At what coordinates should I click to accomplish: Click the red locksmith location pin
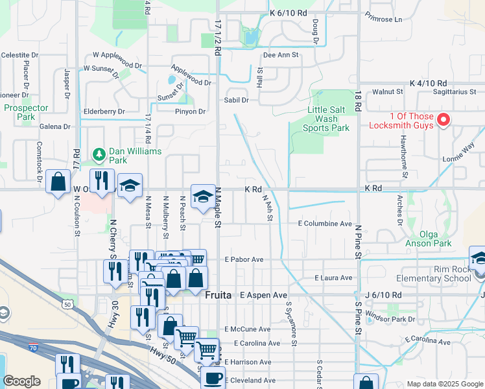click(x=444, y=119)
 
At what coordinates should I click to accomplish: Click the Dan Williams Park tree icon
click(x=99, y=154)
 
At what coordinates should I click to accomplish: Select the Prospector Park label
click(x=26, y=112)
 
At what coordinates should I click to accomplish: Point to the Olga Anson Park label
click(x=427, y=239)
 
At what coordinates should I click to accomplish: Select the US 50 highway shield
click(x=67, y=303)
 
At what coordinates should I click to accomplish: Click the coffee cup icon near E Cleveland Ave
click(x=212, y=378)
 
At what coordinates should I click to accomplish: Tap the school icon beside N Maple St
click(x=203, y=195)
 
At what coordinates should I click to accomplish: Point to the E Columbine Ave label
click(x=324, y=223)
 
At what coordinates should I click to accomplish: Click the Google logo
click(x=21, y=381)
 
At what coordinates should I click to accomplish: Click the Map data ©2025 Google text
click(x=444, y=384)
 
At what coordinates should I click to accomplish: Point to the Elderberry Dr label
click(x=104, y=112)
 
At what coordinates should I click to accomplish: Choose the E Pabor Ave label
click(x=244, y=259)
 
